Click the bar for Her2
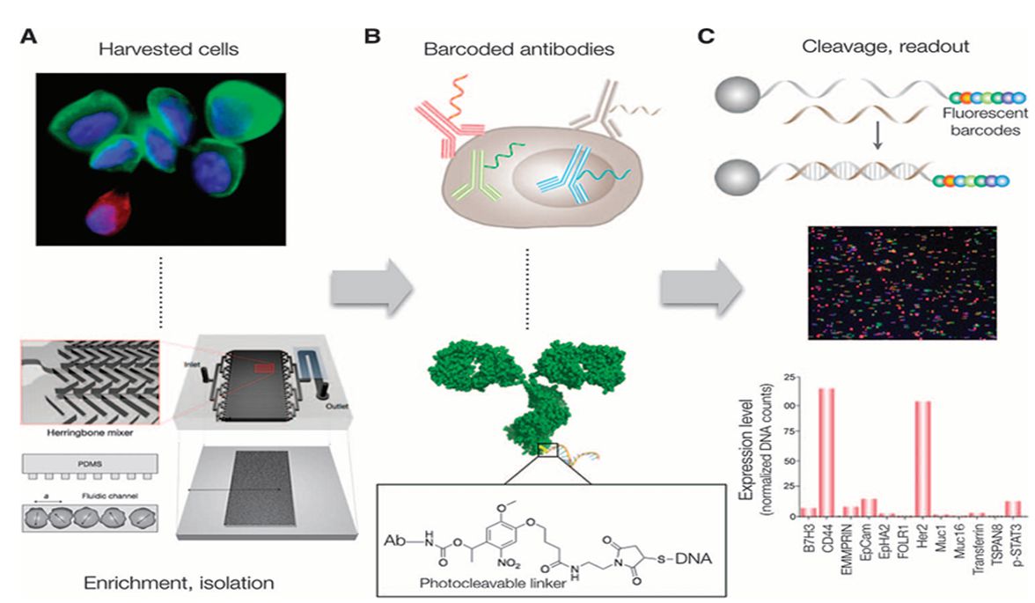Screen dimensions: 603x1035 tap(921, 458)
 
